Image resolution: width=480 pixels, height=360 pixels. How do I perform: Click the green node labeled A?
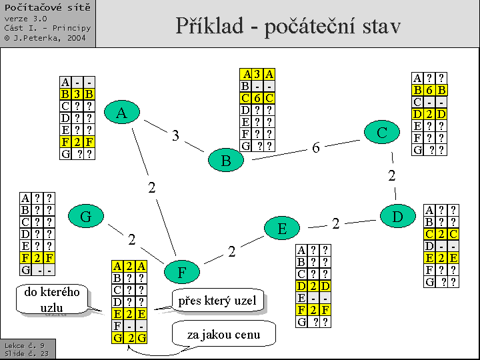click(122, 113)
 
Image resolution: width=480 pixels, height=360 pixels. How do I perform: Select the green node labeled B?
click(226, 161)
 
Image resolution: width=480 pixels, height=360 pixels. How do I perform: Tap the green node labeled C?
click(382, 133)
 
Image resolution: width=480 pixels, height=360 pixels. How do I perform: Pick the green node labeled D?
click(398, 216)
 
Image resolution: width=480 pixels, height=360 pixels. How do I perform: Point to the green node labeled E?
click(282, 229)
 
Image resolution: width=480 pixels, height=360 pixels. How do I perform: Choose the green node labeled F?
click(180, 272)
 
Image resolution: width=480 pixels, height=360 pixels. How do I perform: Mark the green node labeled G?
click(86, 217)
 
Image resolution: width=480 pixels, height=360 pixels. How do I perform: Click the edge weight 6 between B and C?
click(316, 147)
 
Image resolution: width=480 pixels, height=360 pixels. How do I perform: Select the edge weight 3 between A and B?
click(175, 136)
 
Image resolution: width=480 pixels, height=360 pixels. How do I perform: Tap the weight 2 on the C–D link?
click(392, 176)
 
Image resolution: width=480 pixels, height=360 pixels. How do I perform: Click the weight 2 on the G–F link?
click(132, 239)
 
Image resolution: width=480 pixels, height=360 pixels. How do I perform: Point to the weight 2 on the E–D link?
click(336, 223)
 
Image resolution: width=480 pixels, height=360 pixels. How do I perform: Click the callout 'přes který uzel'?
click(217, 301)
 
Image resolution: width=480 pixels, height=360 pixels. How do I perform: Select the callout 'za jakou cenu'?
click(223, 334)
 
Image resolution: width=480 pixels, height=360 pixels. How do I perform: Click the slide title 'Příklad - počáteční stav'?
click(288, 25)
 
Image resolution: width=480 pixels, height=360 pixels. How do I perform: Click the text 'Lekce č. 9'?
click(25, 345)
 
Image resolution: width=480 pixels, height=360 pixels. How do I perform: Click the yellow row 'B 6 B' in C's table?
click(429, 90)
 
